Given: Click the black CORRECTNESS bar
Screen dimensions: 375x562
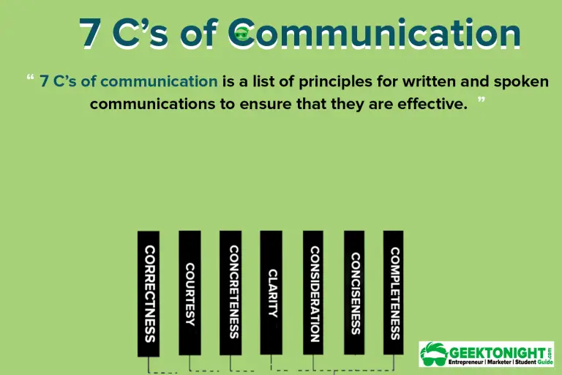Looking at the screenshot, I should [x=149, y=294].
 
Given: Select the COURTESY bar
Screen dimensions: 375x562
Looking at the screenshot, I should [x=190, y=293].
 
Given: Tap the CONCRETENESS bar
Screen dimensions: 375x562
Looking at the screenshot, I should [x=231, y=293].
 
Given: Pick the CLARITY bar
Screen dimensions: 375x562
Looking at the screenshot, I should [x=271, y=293].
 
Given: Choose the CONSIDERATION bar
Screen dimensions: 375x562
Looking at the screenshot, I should [x=313, y=293].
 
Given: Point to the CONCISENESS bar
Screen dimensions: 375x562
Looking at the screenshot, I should [x=354, y=293].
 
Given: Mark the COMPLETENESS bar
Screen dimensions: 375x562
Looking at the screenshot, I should [x=394, y=293].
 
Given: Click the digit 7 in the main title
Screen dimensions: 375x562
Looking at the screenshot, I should [x=91, y=33].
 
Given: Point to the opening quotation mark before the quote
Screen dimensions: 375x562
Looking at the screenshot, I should [x=30, y=78].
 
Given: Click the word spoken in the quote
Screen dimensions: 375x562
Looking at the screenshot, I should [x=521, y=81].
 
